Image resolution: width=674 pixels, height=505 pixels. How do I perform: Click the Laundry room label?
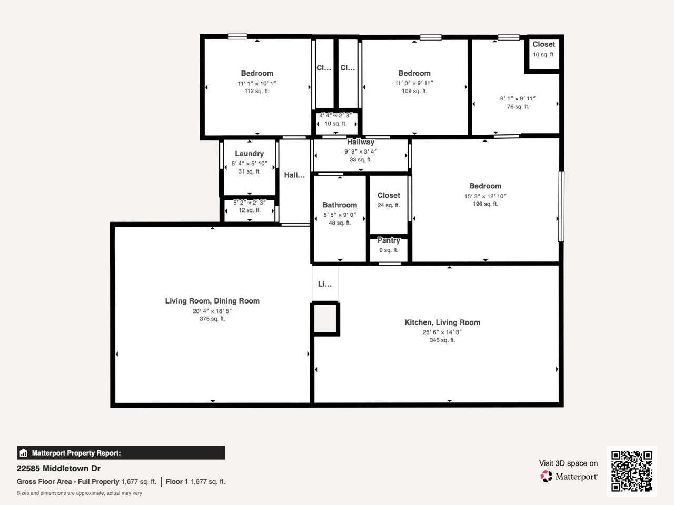(249, 154)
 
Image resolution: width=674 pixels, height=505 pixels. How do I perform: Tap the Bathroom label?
(340, 205)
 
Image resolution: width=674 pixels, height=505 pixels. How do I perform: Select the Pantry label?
(389, 240)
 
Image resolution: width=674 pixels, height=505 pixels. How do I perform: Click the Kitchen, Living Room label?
(442, 322)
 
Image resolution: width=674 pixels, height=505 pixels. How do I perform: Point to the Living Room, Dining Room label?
(212, 301)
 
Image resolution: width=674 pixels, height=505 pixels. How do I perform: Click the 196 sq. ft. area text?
(485, 204)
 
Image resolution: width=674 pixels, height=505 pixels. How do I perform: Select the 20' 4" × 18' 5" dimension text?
(212, 311)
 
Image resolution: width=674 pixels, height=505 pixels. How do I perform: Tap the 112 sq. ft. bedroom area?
(257, 91)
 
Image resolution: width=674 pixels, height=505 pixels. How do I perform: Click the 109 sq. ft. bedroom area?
(414, 91)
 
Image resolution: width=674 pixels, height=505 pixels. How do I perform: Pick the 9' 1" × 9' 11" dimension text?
(518, 98)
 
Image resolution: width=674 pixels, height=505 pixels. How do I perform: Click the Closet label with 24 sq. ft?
(389, 195)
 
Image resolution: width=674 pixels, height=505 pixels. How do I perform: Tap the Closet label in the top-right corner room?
(543, 44)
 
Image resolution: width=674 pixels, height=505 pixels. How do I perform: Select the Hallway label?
(361, 142)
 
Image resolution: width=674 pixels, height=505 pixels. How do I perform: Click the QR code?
(631, 471)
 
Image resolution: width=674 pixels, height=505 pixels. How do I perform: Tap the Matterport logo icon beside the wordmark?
(546, 476)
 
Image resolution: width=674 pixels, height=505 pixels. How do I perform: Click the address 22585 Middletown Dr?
(58, 468)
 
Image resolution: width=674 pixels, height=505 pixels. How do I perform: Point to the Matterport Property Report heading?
(76, 453)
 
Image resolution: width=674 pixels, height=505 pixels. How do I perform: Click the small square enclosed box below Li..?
(325, 319)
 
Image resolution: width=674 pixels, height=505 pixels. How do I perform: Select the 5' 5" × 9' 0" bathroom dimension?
(340, 215)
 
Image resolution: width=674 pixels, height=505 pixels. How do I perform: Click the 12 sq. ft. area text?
(249, 210)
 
